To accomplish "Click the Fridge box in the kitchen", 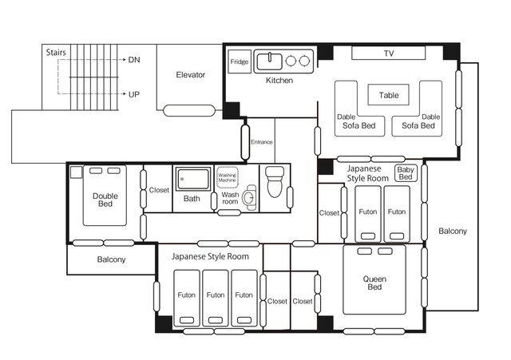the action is tap(240, 61).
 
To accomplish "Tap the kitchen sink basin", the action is tap(270, 61).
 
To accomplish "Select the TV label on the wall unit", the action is tap(389, 53).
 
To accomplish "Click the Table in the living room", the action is tap(389, 95).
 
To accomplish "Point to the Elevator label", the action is tap(190, 74).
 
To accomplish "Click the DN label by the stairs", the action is tap(134, 60).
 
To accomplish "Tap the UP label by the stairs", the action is tap(134, 94).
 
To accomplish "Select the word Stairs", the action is tap(56, 53).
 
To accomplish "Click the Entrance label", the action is tap(261, 142).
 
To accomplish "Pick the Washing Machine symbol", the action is tap(227, 177).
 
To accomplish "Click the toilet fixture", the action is tap(275, 182).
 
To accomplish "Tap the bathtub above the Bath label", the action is tap(193, 179).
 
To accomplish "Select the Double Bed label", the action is tap(105, 200).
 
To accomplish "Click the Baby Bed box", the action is tap(406, 173).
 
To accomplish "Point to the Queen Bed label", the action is tap(374, 283).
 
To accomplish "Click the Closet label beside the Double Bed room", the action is tap(159, 190).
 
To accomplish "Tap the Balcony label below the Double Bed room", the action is tap(111, 259).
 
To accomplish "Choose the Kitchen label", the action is tap(279, 80).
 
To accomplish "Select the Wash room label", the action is tap(230, 198).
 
